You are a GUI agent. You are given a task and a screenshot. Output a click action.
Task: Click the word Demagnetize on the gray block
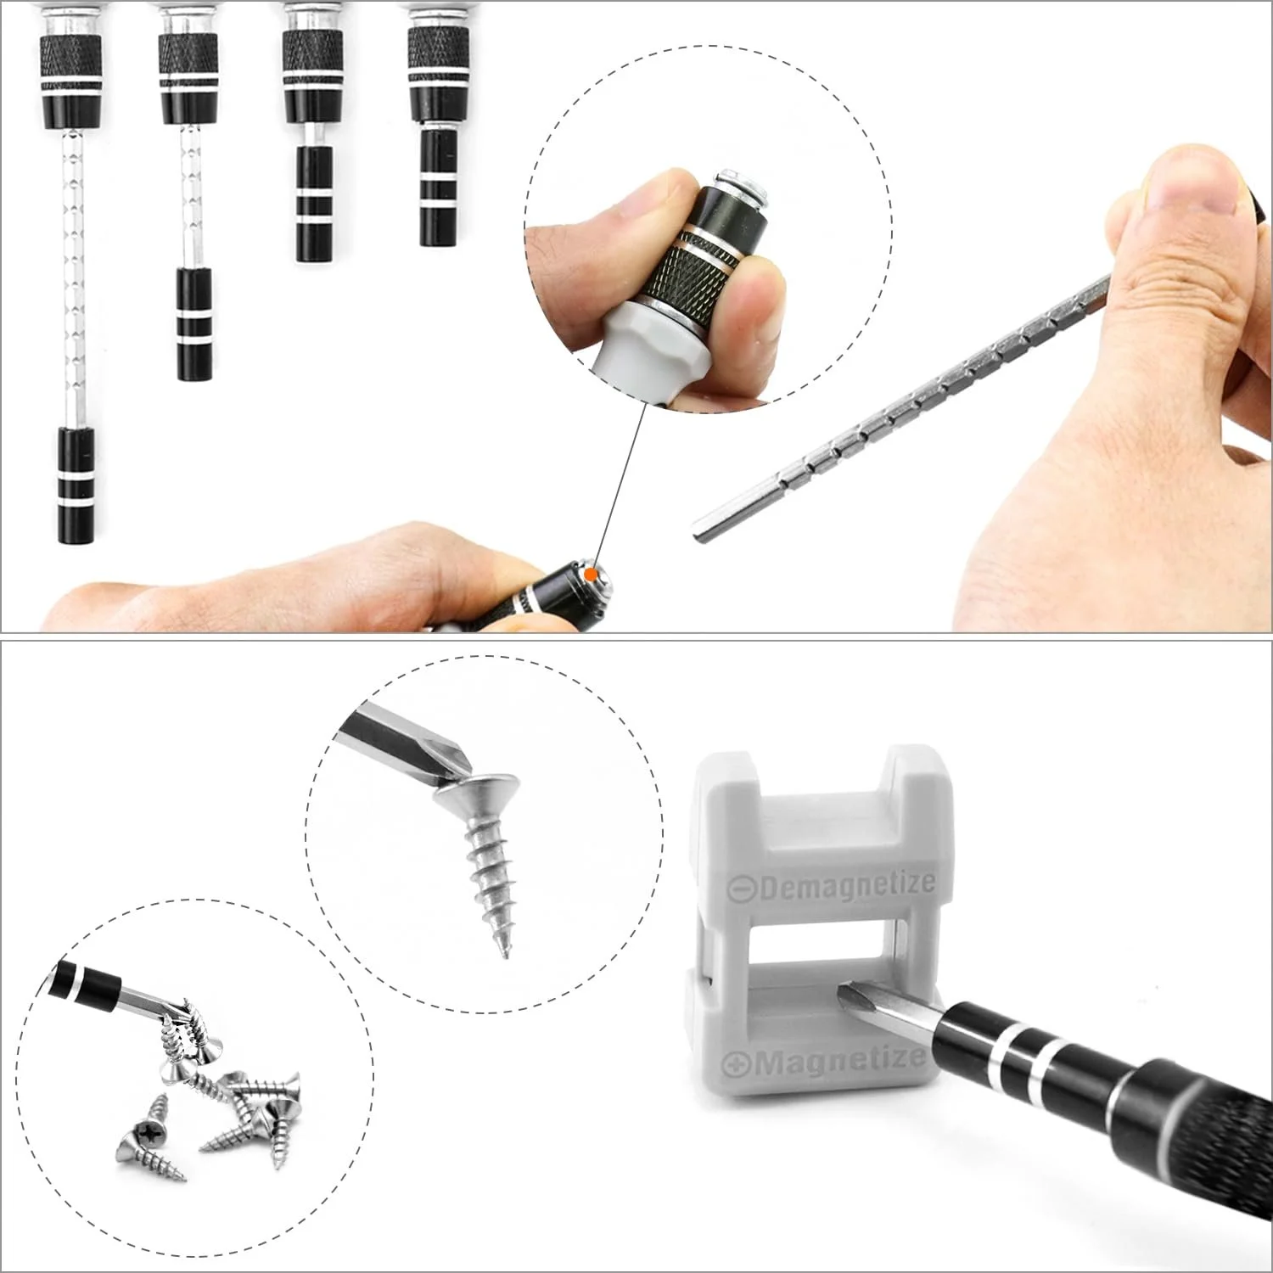click(x=845, y=885)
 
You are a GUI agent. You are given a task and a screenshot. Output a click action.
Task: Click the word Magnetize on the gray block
click(x=836, y=1061)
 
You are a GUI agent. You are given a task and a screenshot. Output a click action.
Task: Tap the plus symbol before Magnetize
click(x=733, y=1063)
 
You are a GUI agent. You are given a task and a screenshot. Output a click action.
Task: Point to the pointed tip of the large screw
click(x=506, y=954)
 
